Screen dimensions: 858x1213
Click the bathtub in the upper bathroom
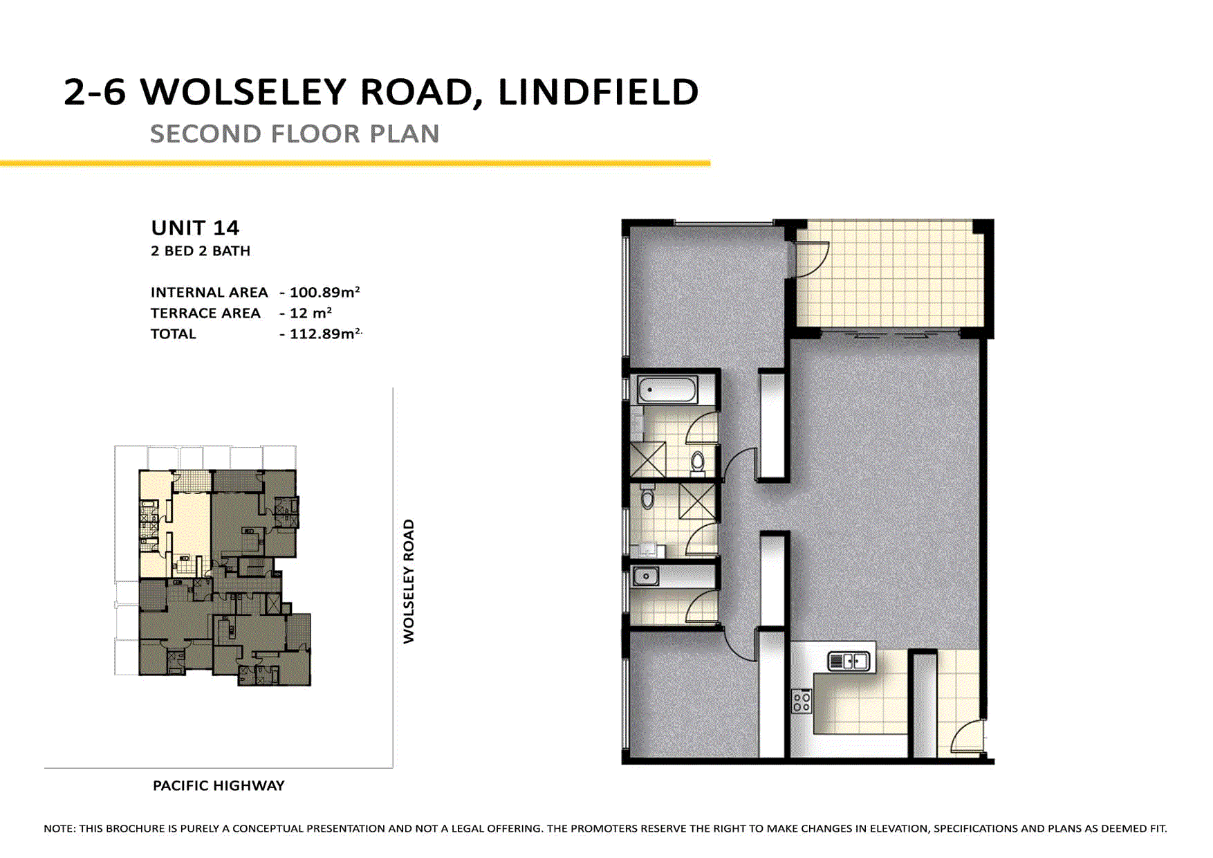pyautogui.click(x=667, y=390)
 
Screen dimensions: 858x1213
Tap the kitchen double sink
pyautogui.click(x=849, y=661)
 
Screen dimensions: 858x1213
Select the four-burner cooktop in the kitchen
pyautogui.click(x=802, y=702)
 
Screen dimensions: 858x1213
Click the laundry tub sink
pyautogui.click(x=646, y=576)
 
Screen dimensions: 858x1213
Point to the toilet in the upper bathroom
pyautogui.click(x=698, y=462)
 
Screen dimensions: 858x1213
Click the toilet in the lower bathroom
pyautogui.click(x=647, y=496)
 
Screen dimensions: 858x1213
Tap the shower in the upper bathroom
pyautogui.click(x=648, y=459)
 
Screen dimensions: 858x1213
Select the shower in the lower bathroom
pyautogui.click(x=697, y=501)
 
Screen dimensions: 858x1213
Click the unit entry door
pyautogui.click(x=967, y=738)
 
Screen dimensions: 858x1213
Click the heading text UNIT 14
pyautogui.click(x=195, y=228)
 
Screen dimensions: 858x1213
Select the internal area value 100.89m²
pyautogui.click(x=324, y=292)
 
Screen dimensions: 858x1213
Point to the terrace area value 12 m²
pyautogui.click(x=310, y=313)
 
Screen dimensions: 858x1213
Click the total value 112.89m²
pyautogui.click(x=324, y=334)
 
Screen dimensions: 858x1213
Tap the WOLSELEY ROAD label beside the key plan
pyautogui.click(x=409, y=581)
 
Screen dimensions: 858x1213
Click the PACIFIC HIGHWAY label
pyautogui.click(x=219, y=785)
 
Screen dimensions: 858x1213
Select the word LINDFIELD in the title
pyautogui.click(x=598, y=92)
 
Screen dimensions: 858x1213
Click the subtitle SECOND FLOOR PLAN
pyautogui.click(x=295, y=134)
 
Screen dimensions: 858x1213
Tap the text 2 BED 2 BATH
pyautogui.click(x=201, y=251)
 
